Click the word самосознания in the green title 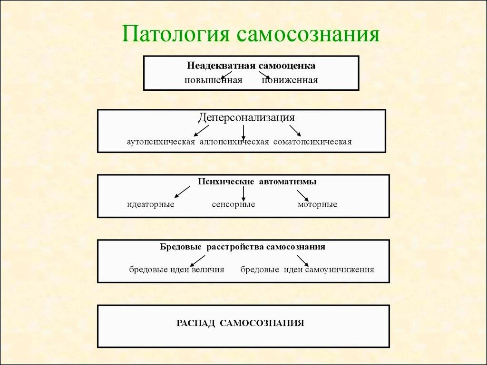[308, 34]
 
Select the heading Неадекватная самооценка [251, 66]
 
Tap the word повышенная [214, 80]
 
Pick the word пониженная [290, 80]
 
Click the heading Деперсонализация [246, 118]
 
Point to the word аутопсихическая [161, 142]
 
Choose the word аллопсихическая [234, 142]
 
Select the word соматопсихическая [312, 142]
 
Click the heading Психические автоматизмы [257, 182]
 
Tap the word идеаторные [151, 204]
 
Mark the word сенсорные [234, 204]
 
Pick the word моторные [317, 204]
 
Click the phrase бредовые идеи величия [177, 269]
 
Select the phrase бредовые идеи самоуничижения [307, 269]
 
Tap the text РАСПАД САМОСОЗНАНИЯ [240, 323]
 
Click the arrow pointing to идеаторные [182, 192]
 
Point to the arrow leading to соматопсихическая [295, 131]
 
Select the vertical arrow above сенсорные [243, 193]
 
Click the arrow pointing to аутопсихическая [201, 131]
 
